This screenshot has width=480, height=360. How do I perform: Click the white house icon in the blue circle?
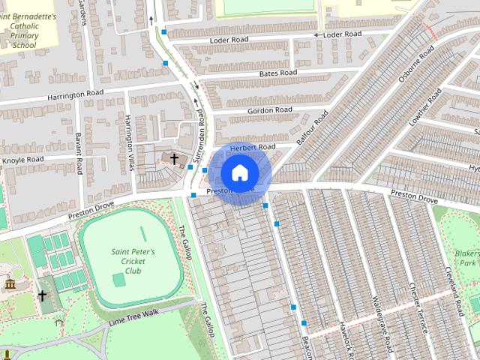239,172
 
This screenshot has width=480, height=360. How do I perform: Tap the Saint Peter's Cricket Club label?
133,261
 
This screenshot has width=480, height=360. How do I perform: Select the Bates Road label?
277,73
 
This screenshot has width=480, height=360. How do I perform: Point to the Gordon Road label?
270,110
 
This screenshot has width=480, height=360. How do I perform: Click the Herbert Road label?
253,148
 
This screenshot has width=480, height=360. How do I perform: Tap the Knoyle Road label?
23,160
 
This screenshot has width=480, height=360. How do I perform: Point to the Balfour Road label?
313,128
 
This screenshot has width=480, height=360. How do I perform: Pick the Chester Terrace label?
418,307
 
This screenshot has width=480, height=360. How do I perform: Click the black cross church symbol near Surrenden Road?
174,159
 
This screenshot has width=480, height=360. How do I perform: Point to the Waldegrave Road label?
382,322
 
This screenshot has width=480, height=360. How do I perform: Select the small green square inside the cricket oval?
118,280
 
